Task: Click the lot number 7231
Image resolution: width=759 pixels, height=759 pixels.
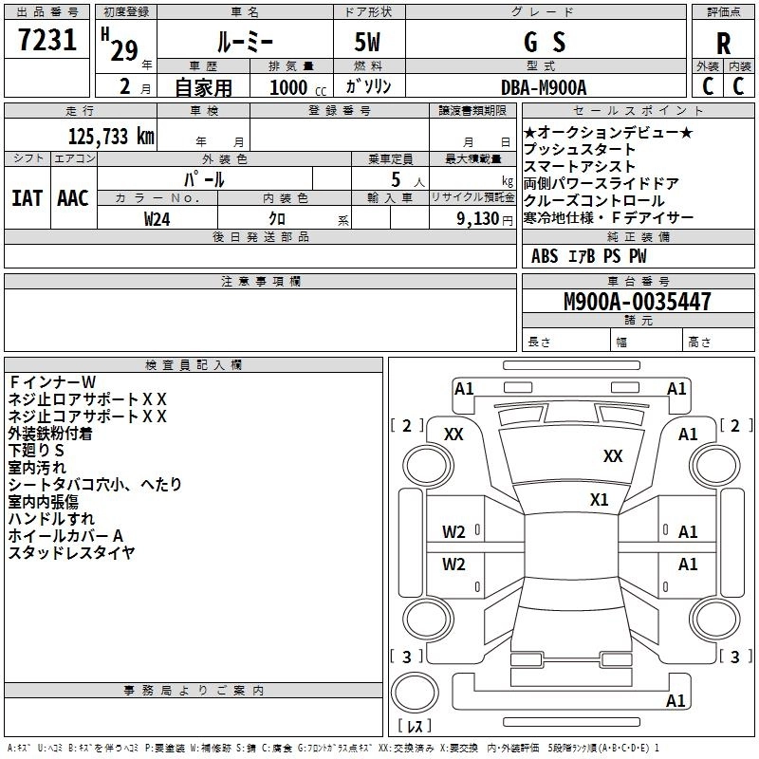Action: pos(47,42)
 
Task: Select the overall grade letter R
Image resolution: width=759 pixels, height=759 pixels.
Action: pos(723,44)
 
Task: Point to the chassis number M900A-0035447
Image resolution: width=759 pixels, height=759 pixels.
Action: pos(637,303)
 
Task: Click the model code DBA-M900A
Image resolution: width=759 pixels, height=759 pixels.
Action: pos(544,86)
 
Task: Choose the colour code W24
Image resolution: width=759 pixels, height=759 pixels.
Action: pos(157,218)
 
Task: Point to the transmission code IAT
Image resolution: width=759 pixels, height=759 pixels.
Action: pos(28,198)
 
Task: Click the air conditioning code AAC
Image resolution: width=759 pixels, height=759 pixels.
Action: pos(73,198)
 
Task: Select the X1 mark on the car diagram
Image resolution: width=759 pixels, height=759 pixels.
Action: pos(599,499)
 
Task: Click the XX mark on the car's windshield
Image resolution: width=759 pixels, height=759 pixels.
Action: pos(613,456)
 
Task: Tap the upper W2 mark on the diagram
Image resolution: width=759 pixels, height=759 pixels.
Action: pos(454,532)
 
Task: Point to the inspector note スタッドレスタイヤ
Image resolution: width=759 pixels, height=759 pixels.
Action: pos(71,553)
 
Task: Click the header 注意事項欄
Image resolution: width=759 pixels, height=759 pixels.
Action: pos(260,282)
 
